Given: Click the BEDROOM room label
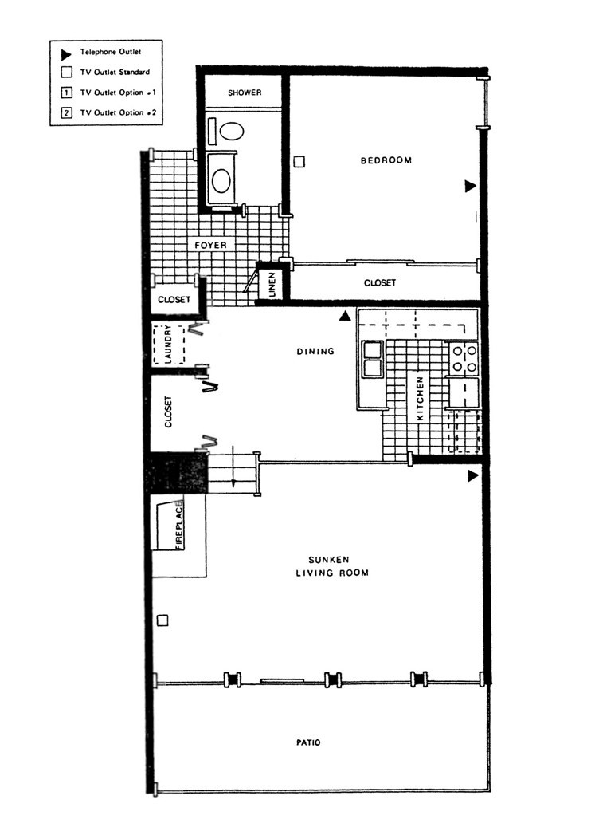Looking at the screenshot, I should tap(386, 160).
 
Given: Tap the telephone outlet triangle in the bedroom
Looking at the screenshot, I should tap(470, 186).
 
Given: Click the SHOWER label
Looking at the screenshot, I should tap(245, 93).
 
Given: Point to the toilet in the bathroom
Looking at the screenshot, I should tap(230, 132).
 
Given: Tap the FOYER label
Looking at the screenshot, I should tap(211, 246).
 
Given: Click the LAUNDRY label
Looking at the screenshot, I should tap(168, 345).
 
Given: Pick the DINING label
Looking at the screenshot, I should tap(315, 351).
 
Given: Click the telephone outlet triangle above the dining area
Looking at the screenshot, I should tap(344, 316).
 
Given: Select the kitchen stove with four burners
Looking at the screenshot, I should tap(464, 358).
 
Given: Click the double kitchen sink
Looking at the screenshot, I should tap(372, 359).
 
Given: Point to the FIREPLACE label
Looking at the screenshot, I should tap(179, 524).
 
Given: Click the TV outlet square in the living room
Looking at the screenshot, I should tap(162, 620).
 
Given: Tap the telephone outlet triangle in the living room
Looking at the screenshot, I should tap(472, 476).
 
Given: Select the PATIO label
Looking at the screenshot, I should tap(307, 742).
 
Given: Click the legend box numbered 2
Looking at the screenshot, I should tap(67, 113).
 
